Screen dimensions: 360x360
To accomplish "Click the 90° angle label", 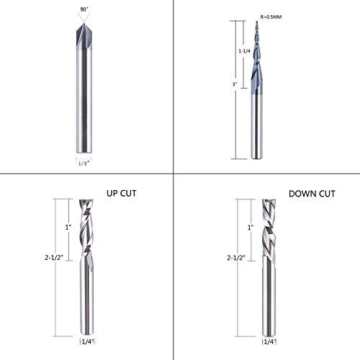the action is pyautogui.click(x=84, y=9).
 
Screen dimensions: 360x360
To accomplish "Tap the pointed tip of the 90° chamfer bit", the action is pyautogui.click(x=84, y=23).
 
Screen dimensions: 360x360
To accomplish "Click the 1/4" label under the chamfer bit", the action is pyautogui.click(x=84, y=163).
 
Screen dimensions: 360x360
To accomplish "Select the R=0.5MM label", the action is pyautogui.click(x=271, y=17).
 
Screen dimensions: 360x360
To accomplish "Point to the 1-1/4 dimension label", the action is pyautogui.click(x=244, y=51).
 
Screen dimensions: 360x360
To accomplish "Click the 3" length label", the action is pyautogui.click(x=235, y=84).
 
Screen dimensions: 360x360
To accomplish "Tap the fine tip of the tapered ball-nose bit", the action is pyautogui.click(x=257, y=22).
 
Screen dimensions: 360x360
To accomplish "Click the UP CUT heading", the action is pyautogui.click(x=122, y=194).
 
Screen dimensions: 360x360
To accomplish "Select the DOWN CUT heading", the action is pyautogui.click(x=312, y=194).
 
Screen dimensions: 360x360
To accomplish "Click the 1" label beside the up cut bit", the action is pyautogui.click(x=68, y=228).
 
